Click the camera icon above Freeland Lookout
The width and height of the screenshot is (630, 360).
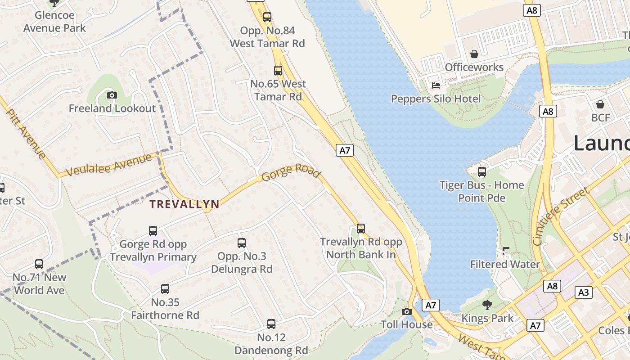[112, 95]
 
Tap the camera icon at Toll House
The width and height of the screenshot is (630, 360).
[406, 311]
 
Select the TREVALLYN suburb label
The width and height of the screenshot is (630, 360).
[184, 204]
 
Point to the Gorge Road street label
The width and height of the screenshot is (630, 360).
[291, 173]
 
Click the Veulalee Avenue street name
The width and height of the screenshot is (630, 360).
[108, 165]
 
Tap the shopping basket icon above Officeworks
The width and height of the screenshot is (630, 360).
[474, 54]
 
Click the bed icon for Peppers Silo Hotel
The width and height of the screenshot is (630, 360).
[436, 85]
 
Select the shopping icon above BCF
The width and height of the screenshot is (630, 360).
[600, 104]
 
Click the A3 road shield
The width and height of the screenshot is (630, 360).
[583, 292]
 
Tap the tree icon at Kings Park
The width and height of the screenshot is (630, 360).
[487, 305]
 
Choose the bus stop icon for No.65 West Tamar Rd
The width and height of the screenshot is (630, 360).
[278, 71]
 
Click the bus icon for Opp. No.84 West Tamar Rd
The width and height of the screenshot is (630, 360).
[267, 18]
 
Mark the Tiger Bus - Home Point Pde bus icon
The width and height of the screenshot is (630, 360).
[482, 172]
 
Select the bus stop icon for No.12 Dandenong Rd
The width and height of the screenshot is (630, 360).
[271, 324]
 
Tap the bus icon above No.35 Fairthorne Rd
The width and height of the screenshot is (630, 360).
[165, 289]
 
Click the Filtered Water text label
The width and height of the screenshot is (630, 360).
[505, 264]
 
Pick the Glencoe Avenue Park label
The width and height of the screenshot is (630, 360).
[54, 22]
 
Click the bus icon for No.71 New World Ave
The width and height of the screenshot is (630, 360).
[39, 264]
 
